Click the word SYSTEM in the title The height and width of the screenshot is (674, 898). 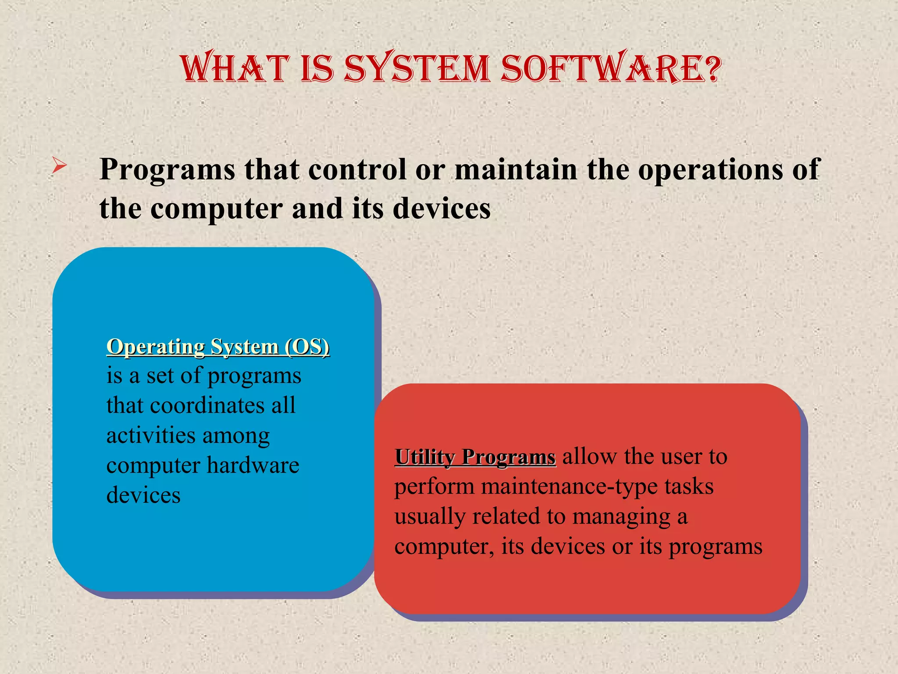coord(417,69)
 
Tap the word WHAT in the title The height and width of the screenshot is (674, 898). coord(235,69)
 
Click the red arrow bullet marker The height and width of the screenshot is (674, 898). coord(59,166)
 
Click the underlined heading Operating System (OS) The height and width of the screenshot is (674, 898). coord(218,347)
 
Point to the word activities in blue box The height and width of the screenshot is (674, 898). coord(151,435)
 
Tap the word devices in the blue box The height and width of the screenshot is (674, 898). coord(143,495)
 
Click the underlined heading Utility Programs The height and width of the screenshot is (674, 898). coord(475,457)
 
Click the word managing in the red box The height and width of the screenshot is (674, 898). coord(621,517)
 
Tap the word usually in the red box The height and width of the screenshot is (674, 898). coord(430,517)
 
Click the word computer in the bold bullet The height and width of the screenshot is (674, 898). coord(217,209)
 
